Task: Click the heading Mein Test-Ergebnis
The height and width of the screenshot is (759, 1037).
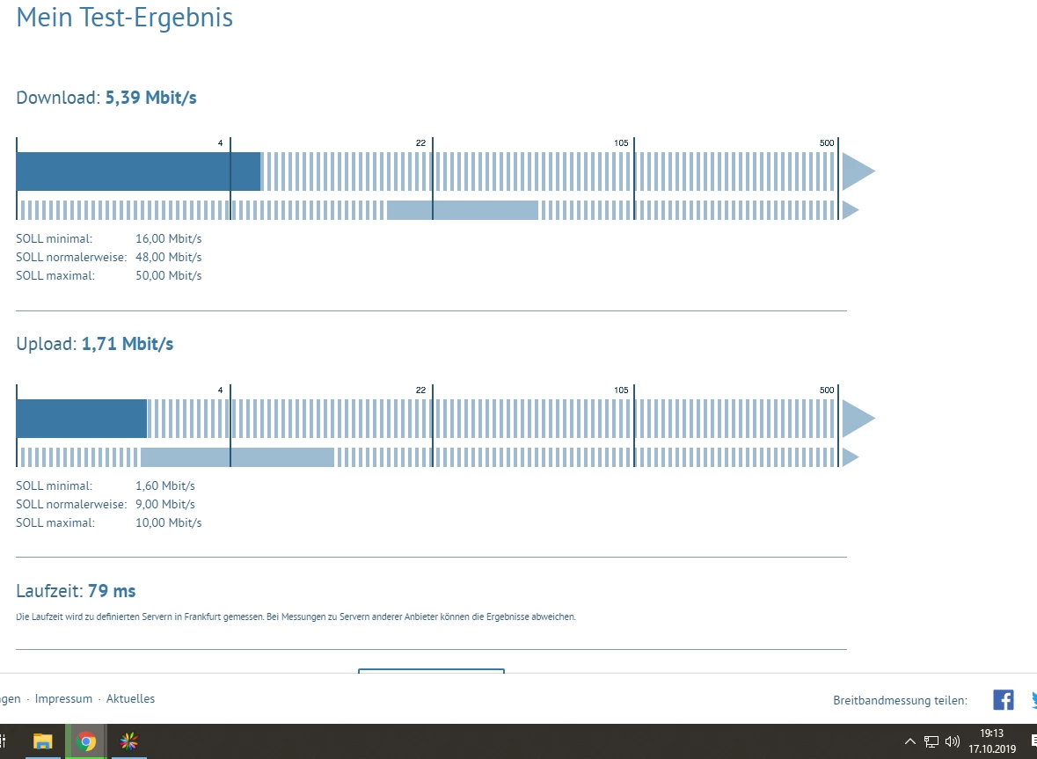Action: click(124, 18)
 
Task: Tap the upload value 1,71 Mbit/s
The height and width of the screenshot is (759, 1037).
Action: click(128, 344)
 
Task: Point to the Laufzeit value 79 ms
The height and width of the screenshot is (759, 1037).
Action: click(112, 591)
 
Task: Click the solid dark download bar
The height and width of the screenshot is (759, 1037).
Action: click(138, 172)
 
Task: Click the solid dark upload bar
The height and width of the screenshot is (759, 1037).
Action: click(81, 419)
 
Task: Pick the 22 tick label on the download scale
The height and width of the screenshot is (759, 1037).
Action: click(420, 143)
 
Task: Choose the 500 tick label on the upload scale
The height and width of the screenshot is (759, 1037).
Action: click(826, 390)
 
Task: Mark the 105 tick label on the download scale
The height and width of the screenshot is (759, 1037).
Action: click(621, 143)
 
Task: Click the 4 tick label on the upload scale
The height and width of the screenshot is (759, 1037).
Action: click(220, 390)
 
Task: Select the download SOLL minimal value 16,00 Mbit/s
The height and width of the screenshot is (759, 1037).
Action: click(168, 238)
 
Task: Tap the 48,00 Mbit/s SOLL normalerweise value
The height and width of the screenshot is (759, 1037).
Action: click(168, 257)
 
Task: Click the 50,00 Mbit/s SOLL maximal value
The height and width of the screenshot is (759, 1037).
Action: click(168, 275)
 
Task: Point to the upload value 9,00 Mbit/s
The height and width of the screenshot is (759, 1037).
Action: click(164, 504)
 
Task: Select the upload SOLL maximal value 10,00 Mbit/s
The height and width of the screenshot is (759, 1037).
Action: click(168, 522)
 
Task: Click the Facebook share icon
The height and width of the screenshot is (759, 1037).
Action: click(1003, 700)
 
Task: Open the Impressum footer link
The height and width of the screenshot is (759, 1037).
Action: click(63, 699)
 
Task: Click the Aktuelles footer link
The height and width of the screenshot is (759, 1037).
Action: click(130, 699)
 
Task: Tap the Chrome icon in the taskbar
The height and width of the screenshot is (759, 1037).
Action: click(86, 741)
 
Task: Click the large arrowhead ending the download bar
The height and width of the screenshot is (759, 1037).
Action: click(857, 172)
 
